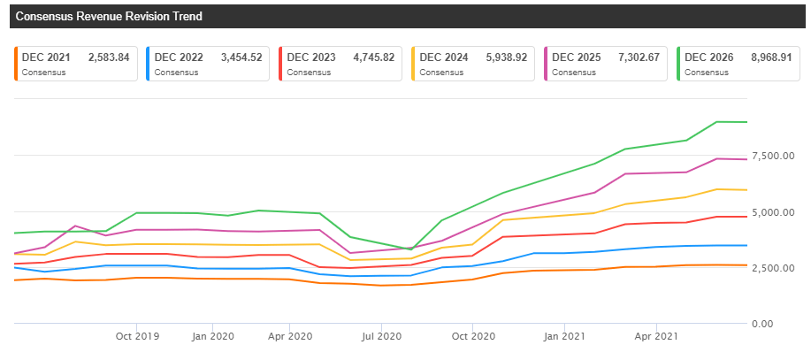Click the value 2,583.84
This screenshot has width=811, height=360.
click(109, 57)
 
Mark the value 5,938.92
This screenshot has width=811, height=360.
click(506, 57)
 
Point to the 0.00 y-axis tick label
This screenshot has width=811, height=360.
click(786, 324)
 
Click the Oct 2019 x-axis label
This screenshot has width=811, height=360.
click(136, 336)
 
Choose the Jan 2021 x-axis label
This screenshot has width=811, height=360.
click(564, 336)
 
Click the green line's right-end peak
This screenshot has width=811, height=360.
click(716, 121)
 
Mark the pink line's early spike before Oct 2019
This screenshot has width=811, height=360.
click(75, 226)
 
